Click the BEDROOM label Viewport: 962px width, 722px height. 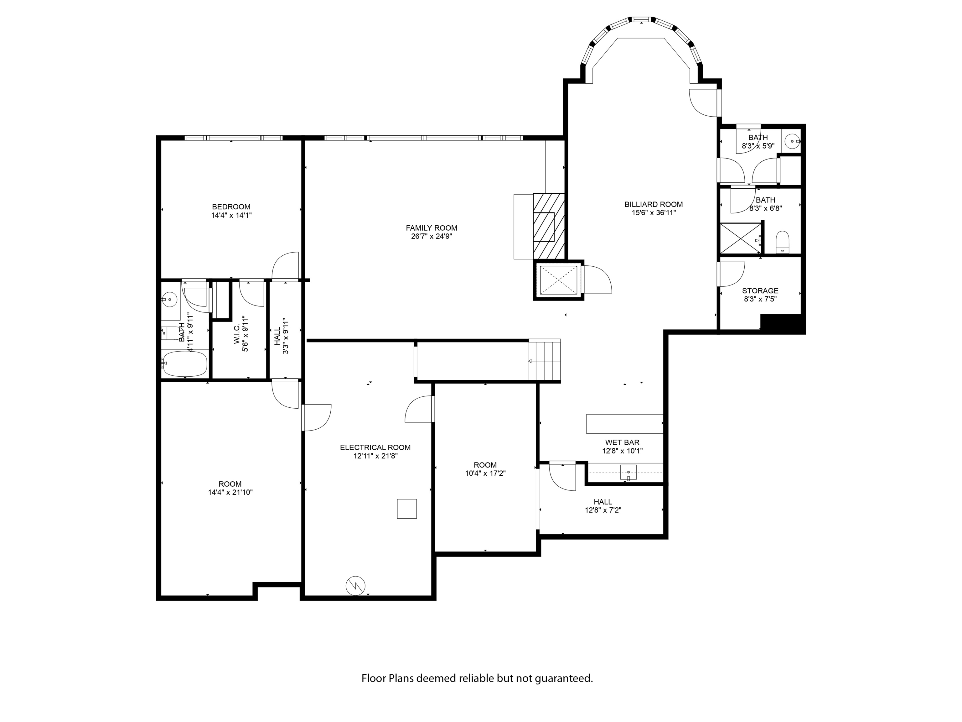point(231,207)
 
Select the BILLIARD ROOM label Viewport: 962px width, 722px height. point(653,204)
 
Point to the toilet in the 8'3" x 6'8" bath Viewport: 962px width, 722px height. point(782,242)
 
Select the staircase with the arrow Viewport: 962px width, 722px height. point(544,360)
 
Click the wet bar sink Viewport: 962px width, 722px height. point(628,472)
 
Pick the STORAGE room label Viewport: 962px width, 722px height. point(760,291)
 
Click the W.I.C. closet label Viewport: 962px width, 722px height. point(237,334)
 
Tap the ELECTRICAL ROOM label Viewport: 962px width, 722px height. point(375,447)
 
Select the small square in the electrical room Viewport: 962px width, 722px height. point(407,509)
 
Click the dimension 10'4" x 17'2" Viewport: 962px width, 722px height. point(485,473)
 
